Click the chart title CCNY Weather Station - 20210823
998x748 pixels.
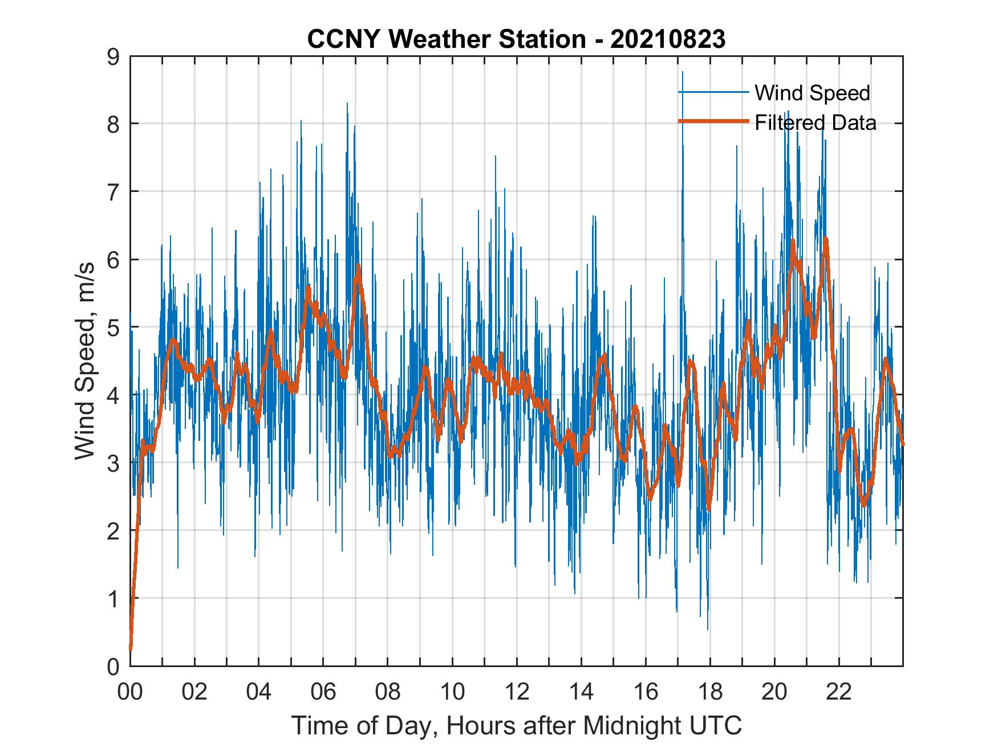point(516,39)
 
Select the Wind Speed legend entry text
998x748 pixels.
point(812,93)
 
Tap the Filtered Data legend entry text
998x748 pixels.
point(815,122)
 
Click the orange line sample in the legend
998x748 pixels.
point(713,121)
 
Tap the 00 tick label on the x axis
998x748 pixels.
point(130,692)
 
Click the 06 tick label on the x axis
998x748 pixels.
point(323,692)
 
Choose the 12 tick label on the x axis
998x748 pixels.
point(517,692)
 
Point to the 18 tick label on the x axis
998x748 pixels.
point(710,692)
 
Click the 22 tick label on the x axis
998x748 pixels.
point(839,692)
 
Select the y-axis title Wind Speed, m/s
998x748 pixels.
point(85,361)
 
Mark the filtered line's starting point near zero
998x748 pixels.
point(131,648)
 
